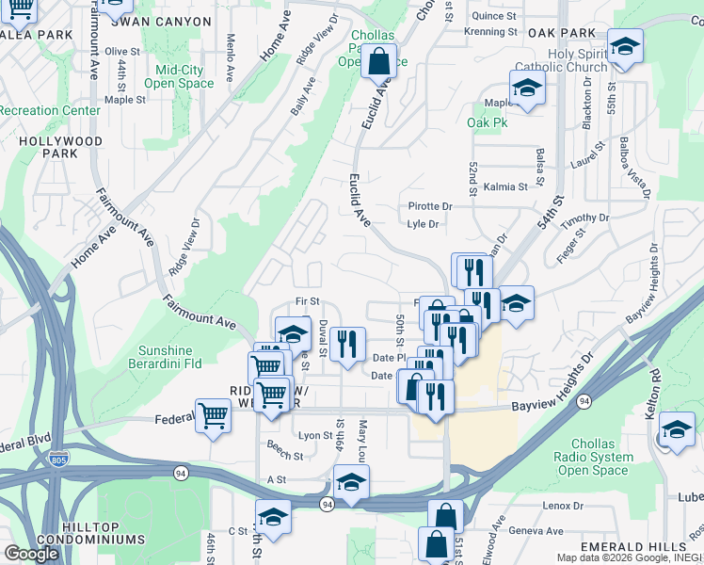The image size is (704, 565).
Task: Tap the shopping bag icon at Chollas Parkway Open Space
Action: [377, 62]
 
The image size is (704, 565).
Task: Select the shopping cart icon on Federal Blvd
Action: [214, 414]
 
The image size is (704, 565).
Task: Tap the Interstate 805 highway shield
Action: [56, 459]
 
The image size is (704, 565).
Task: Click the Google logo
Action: [31, 554]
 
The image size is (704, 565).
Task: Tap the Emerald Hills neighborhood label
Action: [634, 547]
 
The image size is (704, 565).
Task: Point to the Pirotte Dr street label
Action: [430, 206]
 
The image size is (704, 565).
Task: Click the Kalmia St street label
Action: [505, 187]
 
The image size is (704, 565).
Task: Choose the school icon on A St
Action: [351, 481]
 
